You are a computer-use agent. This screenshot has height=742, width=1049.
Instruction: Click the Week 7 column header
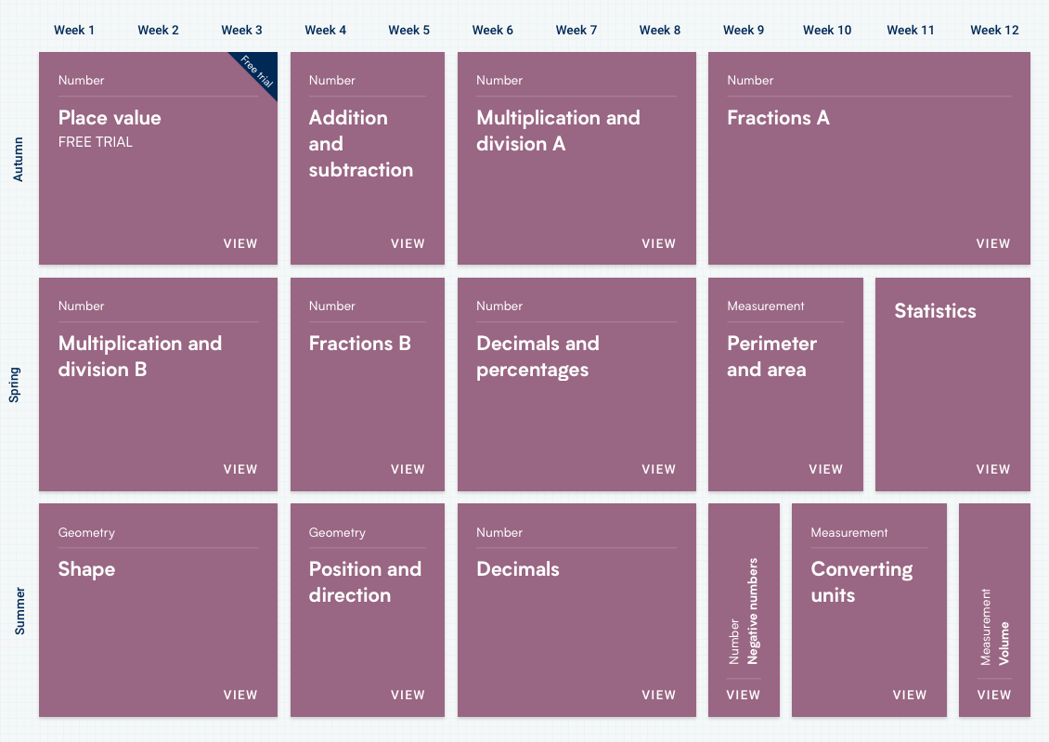point(576,30)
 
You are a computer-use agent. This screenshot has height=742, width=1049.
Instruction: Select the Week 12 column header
point(994,30)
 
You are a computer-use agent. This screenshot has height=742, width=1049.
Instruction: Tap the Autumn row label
point(19,158)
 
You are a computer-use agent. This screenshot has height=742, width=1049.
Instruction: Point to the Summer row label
point(19,610)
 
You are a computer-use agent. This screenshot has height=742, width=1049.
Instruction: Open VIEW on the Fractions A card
point(992,243)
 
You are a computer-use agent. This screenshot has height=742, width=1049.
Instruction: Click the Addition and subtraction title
point(360,144)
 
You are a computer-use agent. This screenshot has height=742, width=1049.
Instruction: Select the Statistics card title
point(935,311)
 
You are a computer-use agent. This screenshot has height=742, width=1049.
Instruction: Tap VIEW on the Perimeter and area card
point(825,469)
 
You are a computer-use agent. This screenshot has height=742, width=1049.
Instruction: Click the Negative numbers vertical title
point(753,610)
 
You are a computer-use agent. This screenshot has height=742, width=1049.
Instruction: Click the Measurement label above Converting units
point(849,532)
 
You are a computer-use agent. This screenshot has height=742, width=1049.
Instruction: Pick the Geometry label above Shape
point(86,532)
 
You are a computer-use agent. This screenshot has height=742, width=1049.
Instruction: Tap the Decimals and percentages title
point(537,357)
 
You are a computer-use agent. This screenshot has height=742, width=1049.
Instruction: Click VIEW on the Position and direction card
point(408,695)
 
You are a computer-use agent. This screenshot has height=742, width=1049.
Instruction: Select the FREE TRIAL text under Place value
point(96,142)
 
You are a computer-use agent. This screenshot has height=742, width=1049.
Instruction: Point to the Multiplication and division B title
point(140,357)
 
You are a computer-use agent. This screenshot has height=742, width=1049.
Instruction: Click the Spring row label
point(15,384)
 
